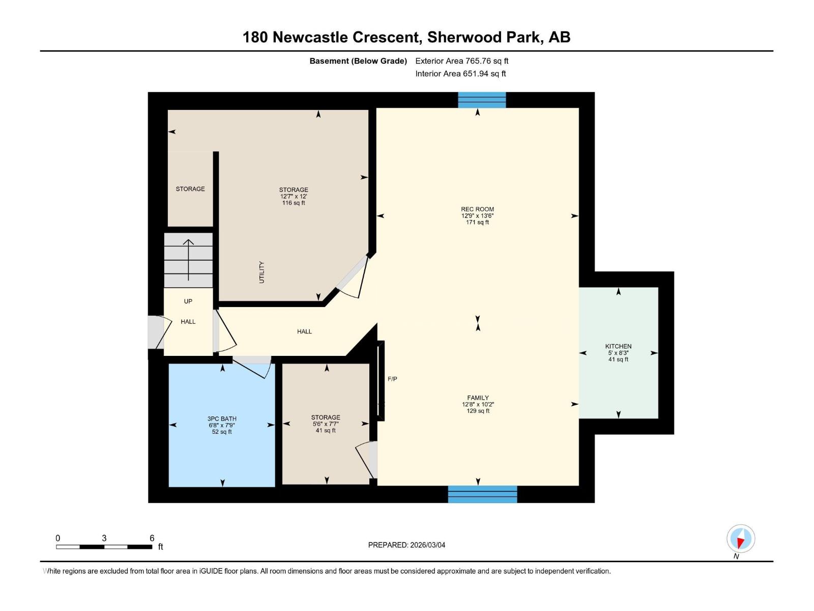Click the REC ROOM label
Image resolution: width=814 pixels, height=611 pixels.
(477, 209)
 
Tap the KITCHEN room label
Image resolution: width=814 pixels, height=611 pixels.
(618, 346)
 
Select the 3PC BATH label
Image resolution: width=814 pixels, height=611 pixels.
(222, 419)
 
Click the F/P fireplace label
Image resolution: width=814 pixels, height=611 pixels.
(392, 379)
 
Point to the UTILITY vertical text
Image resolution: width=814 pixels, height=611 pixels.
(261, 272)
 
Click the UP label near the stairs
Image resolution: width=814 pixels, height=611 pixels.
(188, 301)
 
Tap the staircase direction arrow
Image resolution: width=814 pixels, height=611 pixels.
(189, 260)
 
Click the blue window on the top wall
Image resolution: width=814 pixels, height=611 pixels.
(482, 100)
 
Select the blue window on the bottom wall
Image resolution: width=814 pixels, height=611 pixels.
(482, 494)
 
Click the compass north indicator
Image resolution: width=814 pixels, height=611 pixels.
(741, 539)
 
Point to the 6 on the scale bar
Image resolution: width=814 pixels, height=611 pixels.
(152, 538)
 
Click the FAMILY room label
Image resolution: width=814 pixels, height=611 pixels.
(478, 398)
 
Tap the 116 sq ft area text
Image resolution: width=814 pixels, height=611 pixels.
(294, 203)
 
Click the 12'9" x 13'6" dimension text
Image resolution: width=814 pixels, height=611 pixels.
(477, 215)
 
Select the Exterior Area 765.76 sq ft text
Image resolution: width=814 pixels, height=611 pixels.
(461, 61)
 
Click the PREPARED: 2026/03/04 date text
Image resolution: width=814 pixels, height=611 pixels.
(406, 545)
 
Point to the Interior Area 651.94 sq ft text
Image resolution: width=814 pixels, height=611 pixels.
(460, 73)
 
